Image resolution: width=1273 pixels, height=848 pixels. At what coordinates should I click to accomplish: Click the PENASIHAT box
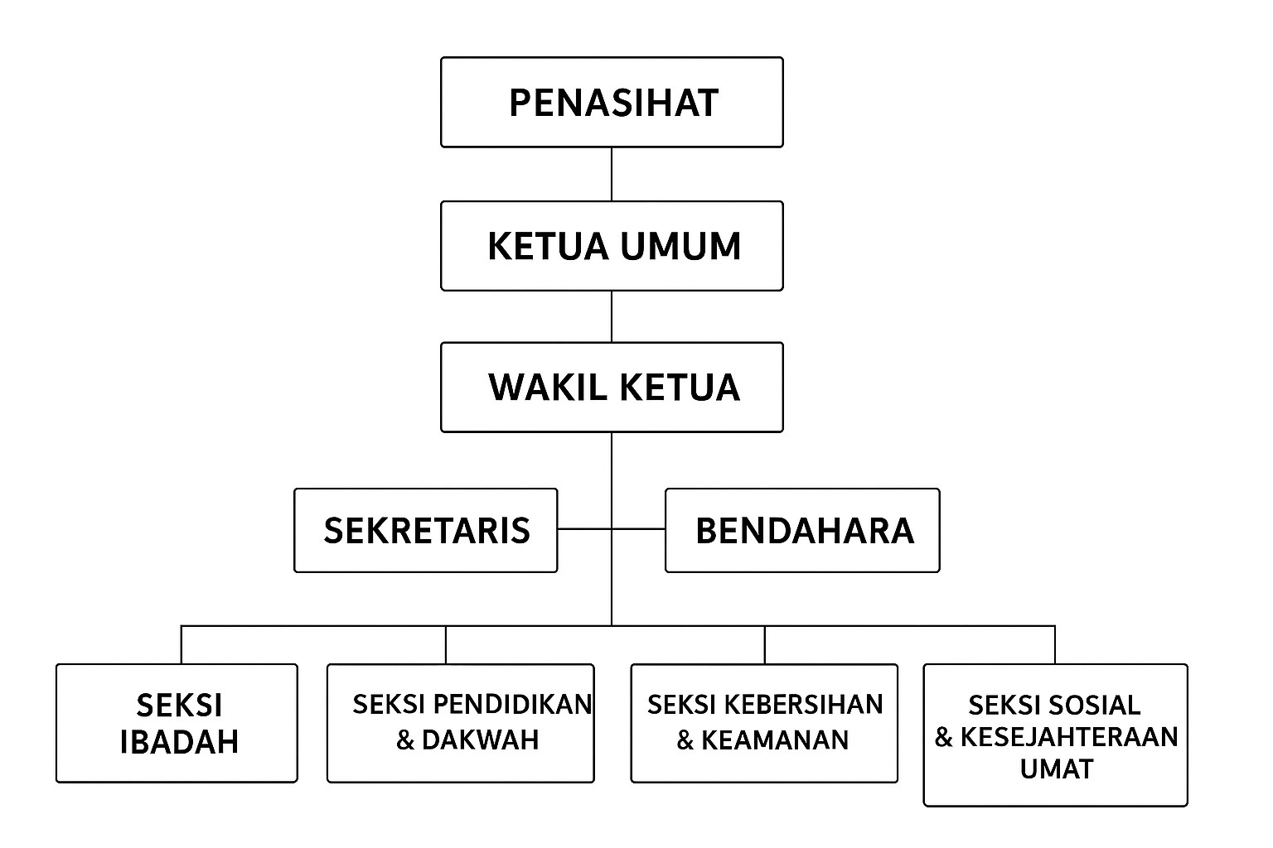pos(612,102)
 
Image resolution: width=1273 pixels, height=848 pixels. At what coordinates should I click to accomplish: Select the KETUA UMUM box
pos(612,246)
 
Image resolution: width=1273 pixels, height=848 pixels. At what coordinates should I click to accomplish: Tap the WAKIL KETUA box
pos(612,388)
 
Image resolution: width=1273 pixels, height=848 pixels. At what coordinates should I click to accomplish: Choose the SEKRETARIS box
pos(426,531)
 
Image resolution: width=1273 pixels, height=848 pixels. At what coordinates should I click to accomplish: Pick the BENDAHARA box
pos(802,531)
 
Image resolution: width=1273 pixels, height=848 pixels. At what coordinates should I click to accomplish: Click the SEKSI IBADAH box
pos(177,723)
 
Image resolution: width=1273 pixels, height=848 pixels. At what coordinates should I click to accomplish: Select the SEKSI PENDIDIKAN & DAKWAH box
pos(460,723)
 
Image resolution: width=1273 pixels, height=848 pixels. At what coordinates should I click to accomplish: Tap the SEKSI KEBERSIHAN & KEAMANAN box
pos(764,723)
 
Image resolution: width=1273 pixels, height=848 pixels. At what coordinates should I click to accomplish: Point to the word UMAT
pos(1057,769)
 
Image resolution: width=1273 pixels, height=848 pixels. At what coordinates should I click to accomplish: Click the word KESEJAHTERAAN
pos(1069,737)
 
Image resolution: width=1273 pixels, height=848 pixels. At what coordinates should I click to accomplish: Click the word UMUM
pos(680,246)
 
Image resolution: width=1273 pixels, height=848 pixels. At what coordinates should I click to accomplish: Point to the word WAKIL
pos(548,388)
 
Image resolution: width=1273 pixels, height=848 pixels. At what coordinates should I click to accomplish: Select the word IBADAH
pos(179,742)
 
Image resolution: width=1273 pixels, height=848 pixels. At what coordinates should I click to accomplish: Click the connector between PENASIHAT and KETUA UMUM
pos(612,175)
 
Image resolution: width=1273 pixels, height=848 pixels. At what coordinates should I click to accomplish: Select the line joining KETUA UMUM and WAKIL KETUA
pos(612,317)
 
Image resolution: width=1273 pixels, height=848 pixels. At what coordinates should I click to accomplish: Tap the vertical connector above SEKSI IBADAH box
pos(182,644)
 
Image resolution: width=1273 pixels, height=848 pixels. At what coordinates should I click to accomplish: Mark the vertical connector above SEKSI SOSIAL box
pos(1055,644)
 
